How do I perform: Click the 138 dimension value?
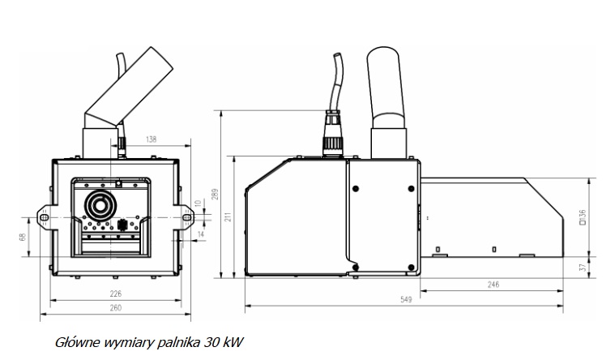(151, 139)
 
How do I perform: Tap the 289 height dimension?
(216, 195)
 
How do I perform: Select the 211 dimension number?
(228, 216)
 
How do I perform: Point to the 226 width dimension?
(116, 294)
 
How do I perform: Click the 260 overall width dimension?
(116, 308)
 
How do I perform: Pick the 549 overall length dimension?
(406, 299)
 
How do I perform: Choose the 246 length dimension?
(493, 285)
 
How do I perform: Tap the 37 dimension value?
(583, 268)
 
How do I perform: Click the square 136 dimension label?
(583, 217)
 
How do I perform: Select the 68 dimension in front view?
(23, 237)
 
